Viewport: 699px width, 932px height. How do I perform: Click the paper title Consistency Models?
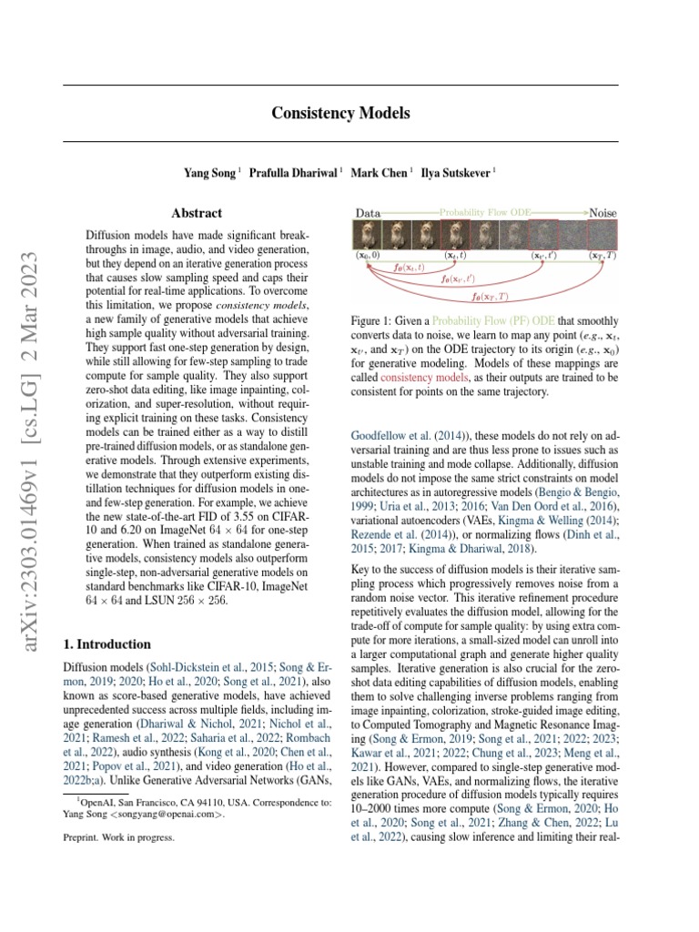tap(340, 114)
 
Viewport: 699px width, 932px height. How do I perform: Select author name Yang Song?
tap(208, 172)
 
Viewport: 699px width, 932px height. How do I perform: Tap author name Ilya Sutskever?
tap(458, 172)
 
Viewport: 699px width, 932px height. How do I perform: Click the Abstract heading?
tap(197, 213)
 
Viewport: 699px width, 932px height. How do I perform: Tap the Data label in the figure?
tap(368, 212)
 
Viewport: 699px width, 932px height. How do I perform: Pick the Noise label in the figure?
tap(603, 212)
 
